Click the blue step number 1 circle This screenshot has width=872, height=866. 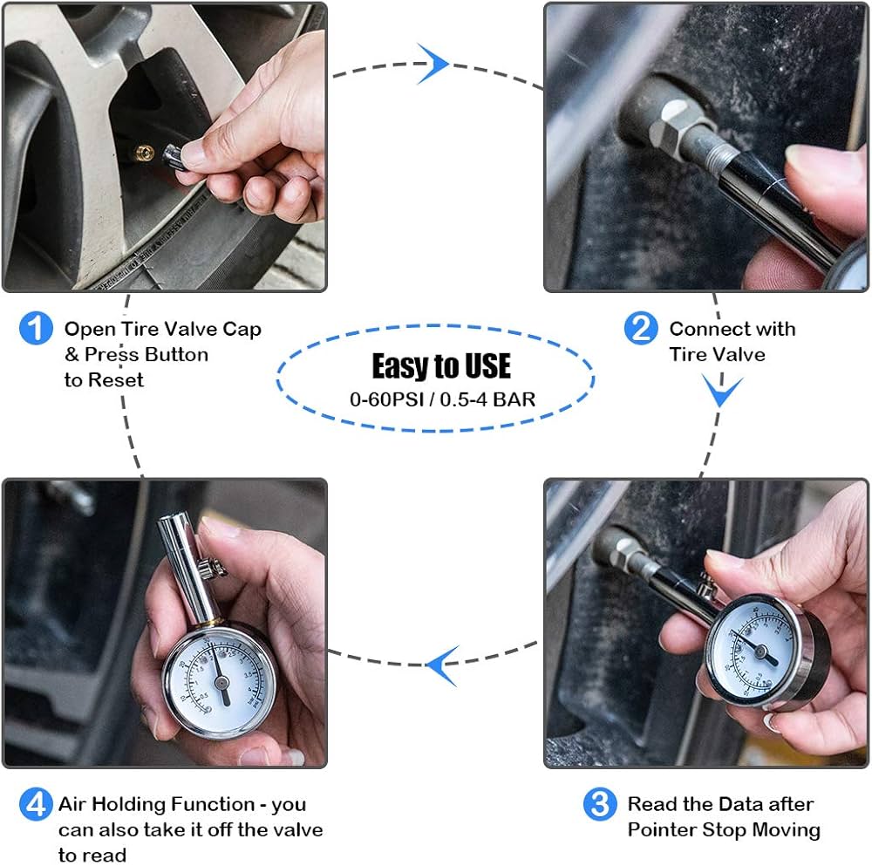(36, 330)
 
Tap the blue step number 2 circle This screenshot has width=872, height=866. (641, 329)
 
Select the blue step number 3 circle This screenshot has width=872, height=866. (599, 803)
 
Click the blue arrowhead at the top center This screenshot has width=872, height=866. (433, 64)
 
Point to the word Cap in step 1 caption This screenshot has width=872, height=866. (240, 330)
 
